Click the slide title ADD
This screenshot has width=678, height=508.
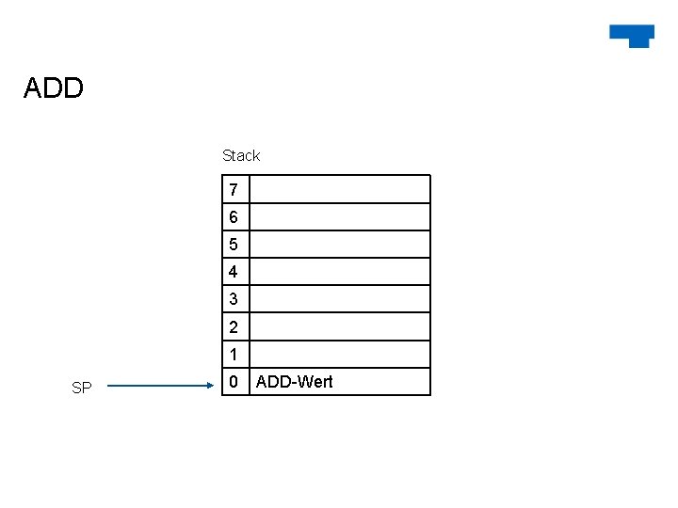coord(54,88)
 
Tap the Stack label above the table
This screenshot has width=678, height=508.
coord(241,155)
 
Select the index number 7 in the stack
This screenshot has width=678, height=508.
coord(234,190)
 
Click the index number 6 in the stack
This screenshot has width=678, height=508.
coord(234,217)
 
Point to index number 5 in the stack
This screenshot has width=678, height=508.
coord(234,245)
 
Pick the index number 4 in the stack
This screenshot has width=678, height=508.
coord(234,272)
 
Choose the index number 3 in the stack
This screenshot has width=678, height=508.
coord(234,299)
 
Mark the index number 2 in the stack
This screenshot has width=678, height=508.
coord(234,327)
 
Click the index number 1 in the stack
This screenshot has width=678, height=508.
coord(234,355)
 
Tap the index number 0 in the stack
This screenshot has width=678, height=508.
coord(234,382)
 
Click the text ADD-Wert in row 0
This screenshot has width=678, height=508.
coord(294,382)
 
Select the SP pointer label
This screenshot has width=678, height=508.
coord(82,388)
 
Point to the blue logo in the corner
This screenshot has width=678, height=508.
coord(632,35)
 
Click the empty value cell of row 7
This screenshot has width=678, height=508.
coord(339,190)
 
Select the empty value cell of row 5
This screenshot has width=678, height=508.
coord(339,245)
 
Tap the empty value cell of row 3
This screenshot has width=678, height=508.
coord(339,299)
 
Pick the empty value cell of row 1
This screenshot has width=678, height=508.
coord(339,355)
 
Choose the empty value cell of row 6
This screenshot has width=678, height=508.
coord(339,217)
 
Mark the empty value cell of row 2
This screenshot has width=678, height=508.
coord(339,327)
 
